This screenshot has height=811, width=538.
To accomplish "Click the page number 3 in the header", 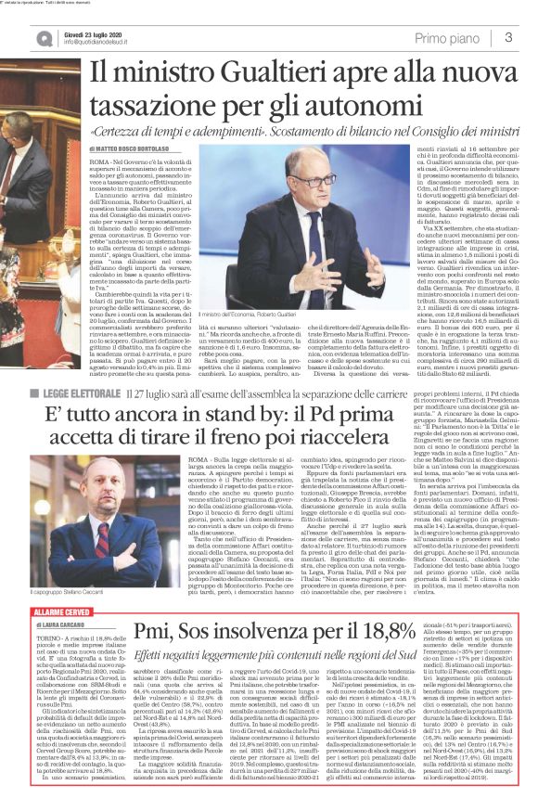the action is (509, 37).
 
